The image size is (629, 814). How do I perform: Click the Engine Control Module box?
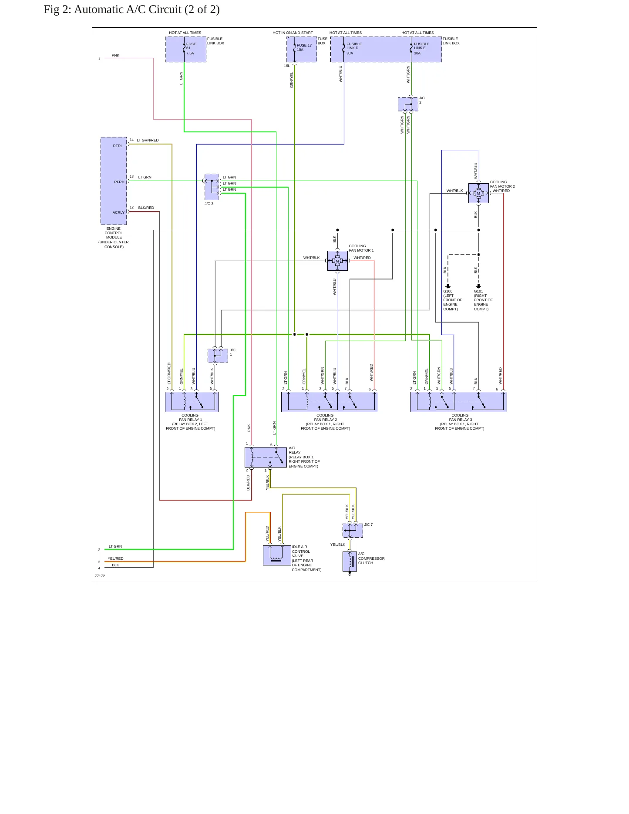tap(114, 181)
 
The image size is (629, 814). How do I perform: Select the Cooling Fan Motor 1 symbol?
tap(337, 261)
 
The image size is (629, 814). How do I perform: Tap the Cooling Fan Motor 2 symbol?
tap(478, 193)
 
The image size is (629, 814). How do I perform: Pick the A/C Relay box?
tap(266, 457)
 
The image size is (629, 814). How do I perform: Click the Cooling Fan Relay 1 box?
tap(192, 402)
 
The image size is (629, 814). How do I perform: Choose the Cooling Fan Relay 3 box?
tap(458, 402)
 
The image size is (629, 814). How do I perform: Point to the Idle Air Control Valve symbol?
tap(277, 555)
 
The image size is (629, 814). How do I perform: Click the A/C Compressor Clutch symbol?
tap(350, 562)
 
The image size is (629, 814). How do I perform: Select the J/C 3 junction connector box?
tap(212, 187)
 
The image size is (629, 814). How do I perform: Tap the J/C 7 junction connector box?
tap(353, 531)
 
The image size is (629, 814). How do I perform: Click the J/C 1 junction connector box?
tap(218, 356)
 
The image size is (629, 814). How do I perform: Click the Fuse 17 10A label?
tap(304, 47)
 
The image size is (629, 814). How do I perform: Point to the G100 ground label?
tap(453, 300)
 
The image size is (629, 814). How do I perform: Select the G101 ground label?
tap(483, 300)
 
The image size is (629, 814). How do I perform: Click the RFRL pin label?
tap(118, 146)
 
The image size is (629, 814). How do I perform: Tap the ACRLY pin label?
tap(118, 212)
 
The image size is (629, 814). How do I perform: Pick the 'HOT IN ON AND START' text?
tap(293, 33)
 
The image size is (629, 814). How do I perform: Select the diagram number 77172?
tap(100, 576)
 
